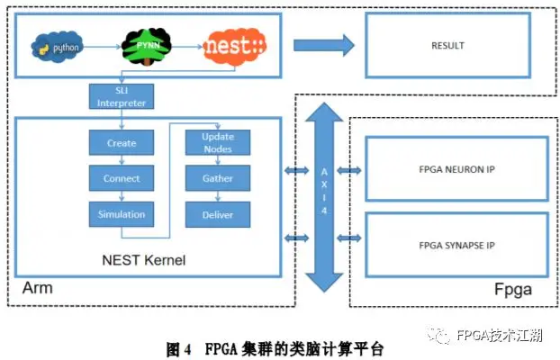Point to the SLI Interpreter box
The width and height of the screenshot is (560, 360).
(x=122, y=97)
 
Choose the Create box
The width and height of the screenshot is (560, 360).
(x=121, y=142)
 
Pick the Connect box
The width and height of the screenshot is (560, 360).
(x=121, y=178)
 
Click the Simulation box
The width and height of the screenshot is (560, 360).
(x=121, y=214)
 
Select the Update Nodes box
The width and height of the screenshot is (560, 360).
(x=218, y=142)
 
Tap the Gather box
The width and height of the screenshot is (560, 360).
(x=218, y=178)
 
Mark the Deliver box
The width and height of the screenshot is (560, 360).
(x=218, y=214)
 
